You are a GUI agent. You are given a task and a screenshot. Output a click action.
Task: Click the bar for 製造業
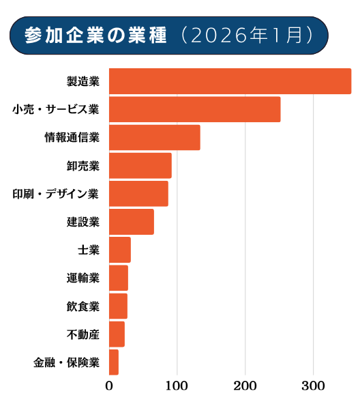click(230, 81)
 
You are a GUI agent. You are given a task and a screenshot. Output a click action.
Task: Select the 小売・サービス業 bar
click(195, 109)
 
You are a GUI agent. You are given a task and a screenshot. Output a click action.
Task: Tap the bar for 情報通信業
click(155, 137)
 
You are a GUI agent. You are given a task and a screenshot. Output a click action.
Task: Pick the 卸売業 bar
click(140, 166)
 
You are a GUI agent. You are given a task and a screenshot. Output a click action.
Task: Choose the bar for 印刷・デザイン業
click(139, 194)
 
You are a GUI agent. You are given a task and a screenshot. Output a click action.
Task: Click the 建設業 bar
click(132, 222)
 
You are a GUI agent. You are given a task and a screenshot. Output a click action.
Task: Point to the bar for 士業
click(120, 250)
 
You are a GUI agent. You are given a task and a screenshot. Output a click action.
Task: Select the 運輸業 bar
click(119, 278)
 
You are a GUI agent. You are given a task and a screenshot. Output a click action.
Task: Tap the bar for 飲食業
click(118, 306)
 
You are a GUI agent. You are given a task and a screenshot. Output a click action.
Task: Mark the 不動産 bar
click(117, 334)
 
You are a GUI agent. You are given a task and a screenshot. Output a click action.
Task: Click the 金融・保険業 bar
click(114, 362)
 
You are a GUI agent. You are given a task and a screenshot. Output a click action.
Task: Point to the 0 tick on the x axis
click(109, 386)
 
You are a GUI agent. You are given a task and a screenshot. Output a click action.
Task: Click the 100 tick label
click(177, 386)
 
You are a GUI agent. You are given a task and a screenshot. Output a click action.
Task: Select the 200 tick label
click(245, 386)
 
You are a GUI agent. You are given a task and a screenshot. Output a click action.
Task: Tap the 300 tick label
click(313, 386)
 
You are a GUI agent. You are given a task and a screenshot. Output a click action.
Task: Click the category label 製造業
click(83, 81)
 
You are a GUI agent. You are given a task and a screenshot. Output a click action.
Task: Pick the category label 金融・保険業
click(66, 362)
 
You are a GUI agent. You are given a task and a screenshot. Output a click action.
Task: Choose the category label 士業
click(89, 250)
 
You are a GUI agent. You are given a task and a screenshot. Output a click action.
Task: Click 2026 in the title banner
click(218, 35)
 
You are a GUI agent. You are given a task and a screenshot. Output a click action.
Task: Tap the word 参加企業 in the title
click(65, 35)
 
